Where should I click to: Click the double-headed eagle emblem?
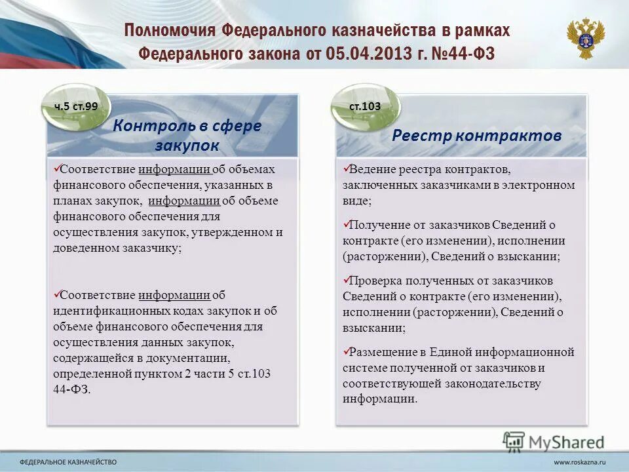click(586, 39)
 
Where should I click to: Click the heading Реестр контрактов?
click(476, 136)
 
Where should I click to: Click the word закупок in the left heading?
click(187, 146)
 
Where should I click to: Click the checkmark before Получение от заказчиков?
click(347, 225)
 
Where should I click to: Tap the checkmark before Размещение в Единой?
click(347, 351)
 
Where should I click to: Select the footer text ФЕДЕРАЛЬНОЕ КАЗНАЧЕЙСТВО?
click(68, 462)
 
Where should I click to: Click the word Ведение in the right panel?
click(371, 169)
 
